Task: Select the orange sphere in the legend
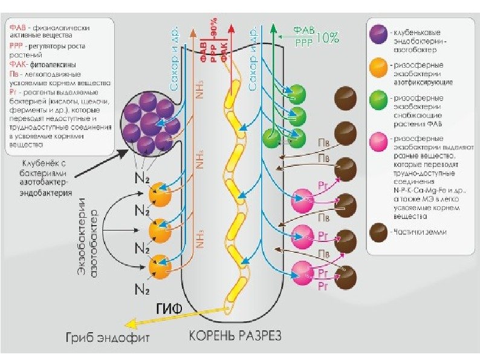379,68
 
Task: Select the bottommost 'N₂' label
143,288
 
